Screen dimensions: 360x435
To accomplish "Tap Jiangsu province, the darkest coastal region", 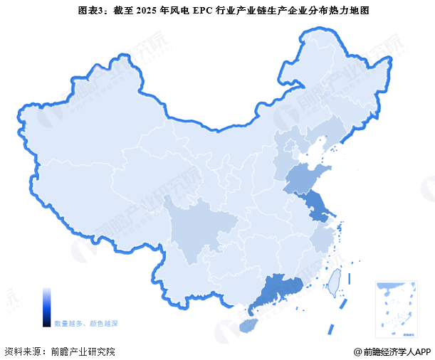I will pos(318,207).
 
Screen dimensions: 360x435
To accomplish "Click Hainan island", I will pos(246,324).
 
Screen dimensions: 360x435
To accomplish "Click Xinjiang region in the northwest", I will pos(78,135).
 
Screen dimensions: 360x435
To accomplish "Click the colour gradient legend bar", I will pos(46,307).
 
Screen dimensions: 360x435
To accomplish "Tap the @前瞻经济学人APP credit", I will pos(392,351).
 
